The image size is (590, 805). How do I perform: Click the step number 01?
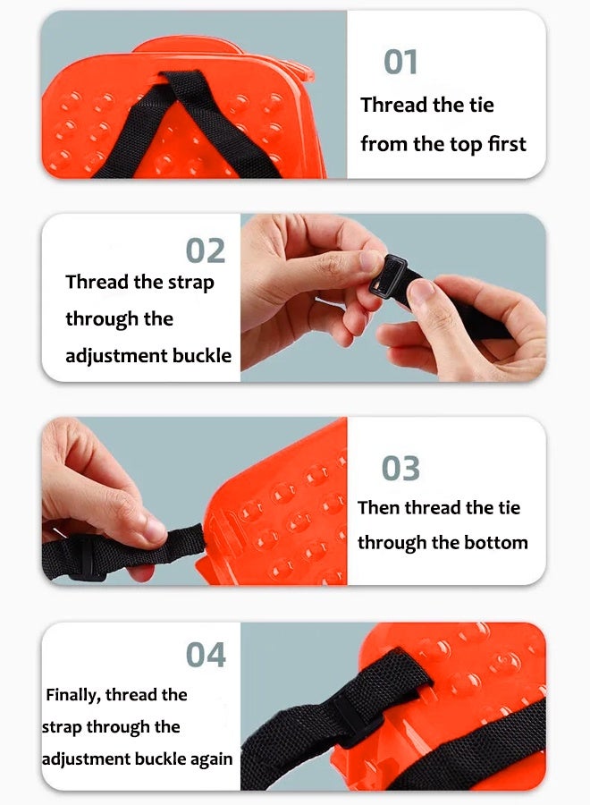pyautogui.click(x=400, y=62)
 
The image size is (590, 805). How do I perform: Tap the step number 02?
pyautogui.click(x=206, y=250)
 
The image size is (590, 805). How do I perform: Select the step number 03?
pyautogui.click(x=400, y=468)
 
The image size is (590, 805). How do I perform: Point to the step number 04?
pyautogui.click(x=206, y=655)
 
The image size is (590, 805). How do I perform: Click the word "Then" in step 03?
pyautogui.click(x=379, y=508)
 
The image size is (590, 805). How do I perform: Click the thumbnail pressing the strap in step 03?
pyautogui.click(x=155, y=529)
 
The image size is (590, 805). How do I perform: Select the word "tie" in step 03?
pyautogui.click(x=509, y=508)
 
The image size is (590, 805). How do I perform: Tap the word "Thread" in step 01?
pyautogui.click(x=394, y=105)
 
